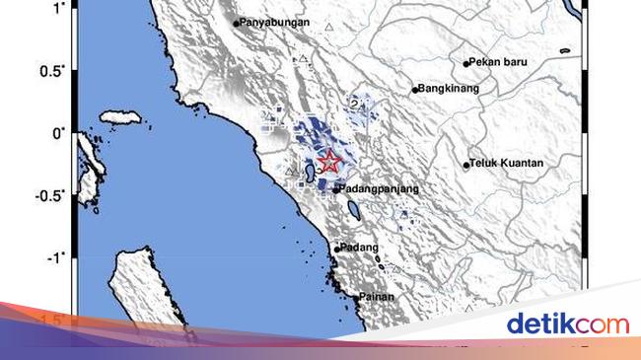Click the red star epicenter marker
click(x=329, y=163)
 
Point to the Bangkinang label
click(x=450, y=89)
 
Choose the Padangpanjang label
click(x=380, y=188)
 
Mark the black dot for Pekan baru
click(x=466, y=63)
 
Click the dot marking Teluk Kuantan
click(x=466, y=165)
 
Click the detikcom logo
click(x=567, y=324)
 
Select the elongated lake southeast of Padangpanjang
click(x=352, y=209)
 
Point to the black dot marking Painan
click(x=356, y=296)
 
